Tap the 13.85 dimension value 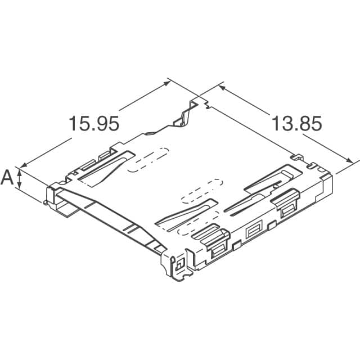click(x=297, y=123)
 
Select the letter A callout click(x=7, y=178)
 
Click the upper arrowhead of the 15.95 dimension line click(x=167, y=83)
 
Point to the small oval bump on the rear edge click(x=150, y=134)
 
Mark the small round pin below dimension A click(x=44, y=201)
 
